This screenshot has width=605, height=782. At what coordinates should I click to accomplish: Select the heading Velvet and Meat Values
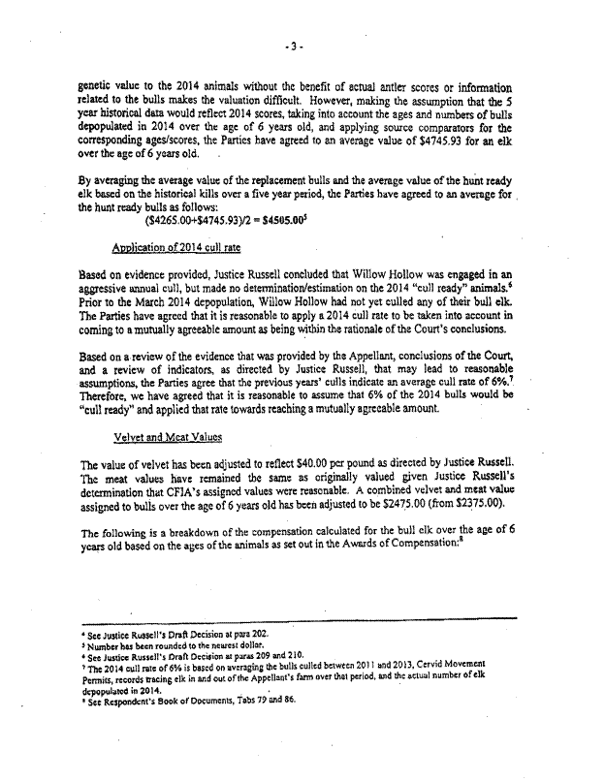tap(163, 437)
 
